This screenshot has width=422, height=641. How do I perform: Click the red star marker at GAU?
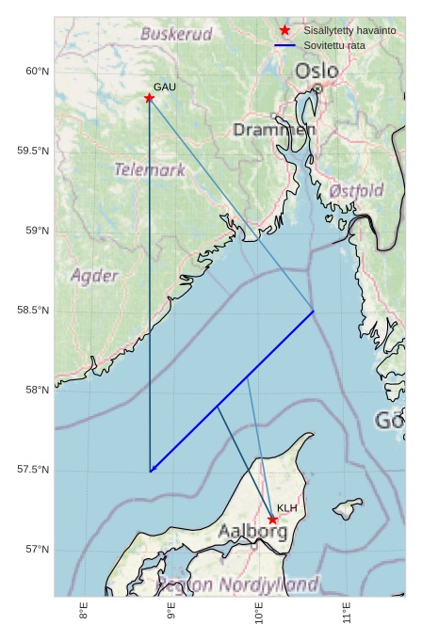[149, 98]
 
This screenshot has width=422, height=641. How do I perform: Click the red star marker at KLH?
[272, 520]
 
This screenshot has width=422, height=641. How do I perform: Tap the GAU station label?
[165, 87]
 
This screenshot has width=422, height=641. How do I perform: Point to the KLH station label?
[287, 508]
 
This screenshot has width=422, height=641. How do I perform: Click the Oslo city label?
[316, 71]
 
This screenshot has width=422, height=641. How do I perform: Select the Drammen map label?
[273, 129]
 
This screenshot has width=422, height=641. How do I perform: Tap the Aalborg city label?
[252, 532]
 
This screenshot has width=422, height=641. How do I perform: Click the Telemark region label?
[150, 170]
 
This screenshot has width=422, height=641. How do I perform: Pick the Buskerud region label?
[176, 34]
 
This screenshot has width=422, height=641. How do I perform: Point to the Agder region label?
[94, 276]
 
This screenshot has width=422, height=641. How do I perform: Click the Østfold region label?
[356, 191]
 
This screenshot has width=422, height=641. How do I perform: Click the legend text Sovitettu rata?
[334, 45]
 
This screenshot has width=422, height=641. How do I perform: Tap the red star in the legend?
[284, 31]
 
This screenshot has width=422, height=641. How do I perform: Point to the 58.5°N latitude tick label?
[34, 311]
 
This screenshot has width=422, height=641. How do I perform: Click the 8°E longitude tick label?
[84, 614]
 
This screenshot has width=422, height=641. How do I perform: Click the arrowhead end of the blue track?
[151, 471]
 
